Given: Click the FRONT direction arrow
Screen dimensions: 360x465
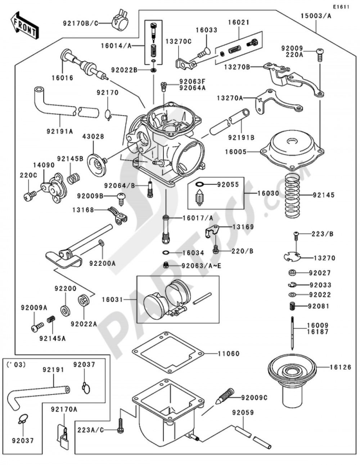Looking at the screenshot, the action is tap(24, 25).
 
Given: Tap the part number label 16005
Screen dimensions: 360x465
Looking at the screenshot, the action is tap(235, 152).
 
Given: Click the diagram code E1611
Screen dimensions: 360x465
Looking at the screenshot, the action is tap(341, 7).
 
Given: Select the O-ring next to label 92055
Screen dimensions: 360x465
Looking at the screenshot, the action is tap(200, 184).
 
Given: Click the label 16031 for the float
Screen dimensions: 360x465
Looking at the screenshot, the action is tap(112, 299).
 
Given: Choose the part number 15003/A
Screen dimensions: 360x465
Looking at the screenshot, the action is tap(315, 16).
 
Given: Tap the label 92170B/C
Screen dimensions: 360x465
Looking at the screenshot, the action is tap(80, 23).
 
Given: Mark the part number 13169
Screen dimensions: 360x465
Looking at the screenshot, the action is tap(243, 227).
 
